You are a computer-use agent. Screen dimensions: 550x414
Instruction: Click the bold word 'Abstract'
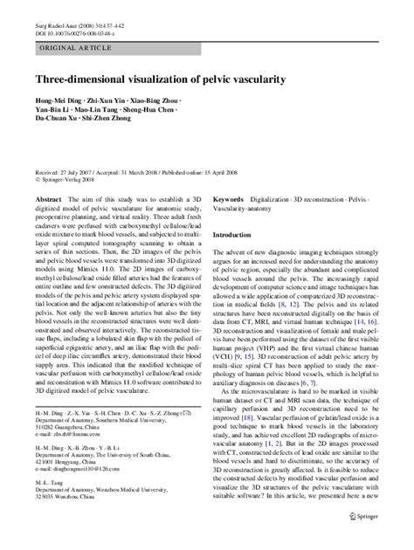tap(49, 199)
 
